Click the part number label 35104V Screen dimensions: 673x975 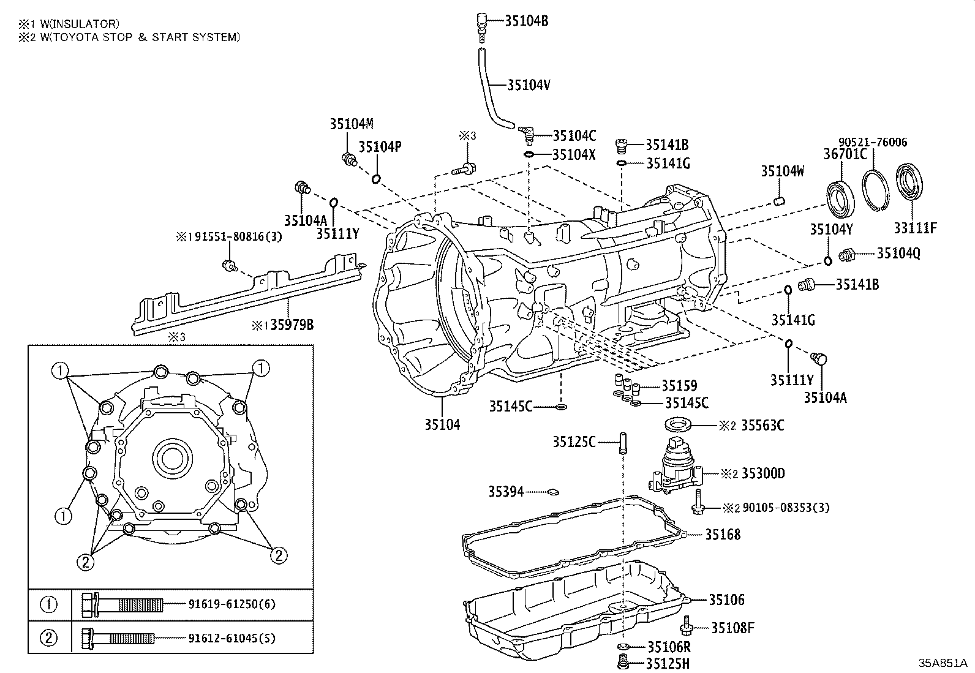point(529,85)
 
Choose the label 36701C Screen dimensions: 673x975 point(845,154)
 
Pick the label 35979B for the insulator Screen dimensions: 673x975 point(287,325)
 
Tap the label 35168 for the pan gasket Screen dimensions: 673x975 point(722,535)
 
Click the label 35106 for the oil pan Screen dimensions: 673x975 point(727,600)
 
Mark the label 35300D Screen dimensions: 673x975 point(762,473)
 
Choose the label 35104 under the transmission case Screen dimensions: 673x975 point(442,424)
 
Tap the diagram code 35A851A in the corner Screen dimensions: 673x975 point(942,663)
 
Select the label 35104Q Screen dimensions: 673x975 point(898,253)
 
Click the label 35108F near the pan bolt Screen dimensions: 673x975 point(732,628)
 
